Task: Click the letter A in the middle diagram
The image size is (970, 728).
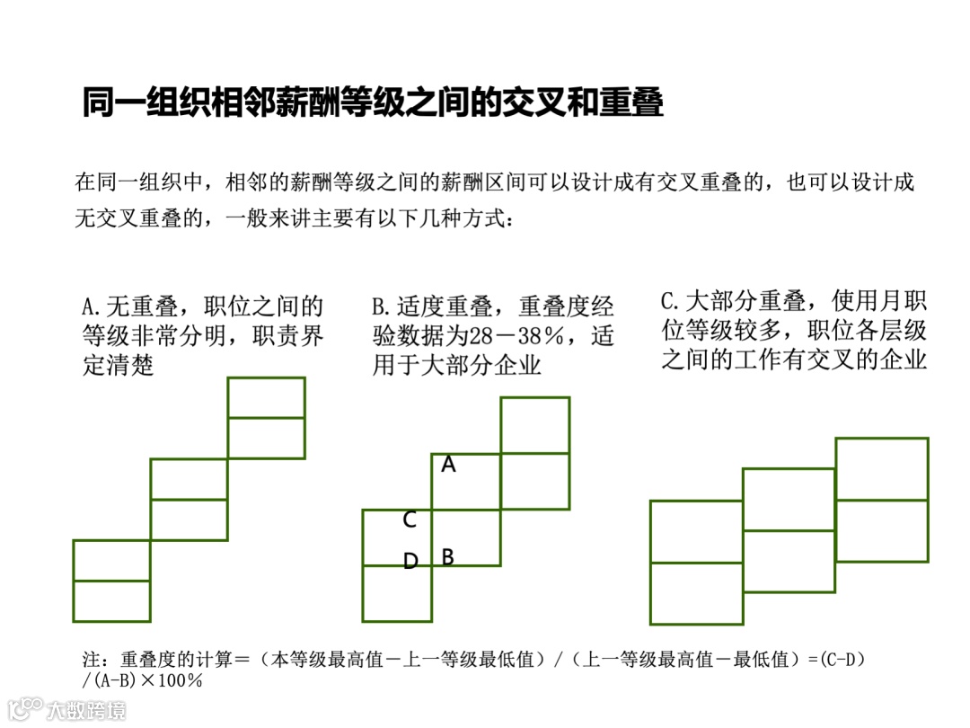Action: pyautogui.click(x=449, y=465)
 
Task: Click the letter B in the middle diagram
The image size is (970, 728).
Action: pyautogui.click(x=447, y=557)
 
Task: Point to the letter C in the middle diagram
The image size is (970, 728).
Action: pyautogui.click(x=410, y=519)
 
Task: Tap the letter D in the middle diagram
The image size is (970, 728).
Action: pyautogui.click(x=410, y=562)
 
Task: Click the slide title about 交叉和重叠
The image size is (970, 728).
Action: pyautogui.click(x=373, y=103)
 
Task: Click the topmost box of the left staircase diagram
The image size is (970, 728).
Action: pyautogui.click(x=266, y=397)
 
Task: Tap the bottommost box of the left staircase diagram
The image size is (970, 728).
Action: pyautogui.click(x=111, y=601)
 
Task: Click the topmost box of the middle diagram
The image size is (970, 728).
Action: pyautogui.click(x=534, y=425)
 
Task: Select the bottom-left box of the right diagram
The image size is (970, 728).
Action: pyautogui.click(x=696, y=593)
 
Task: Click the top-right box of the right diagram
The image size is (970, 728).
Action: pyautogui.click(x=882, y=468)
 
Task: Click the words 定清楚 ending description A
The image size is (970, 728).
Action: pyautogui.click(x=118, y=366)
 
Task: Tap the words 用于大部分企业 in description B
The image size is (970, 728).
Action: pyautogui.click(x=456, y=366)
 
